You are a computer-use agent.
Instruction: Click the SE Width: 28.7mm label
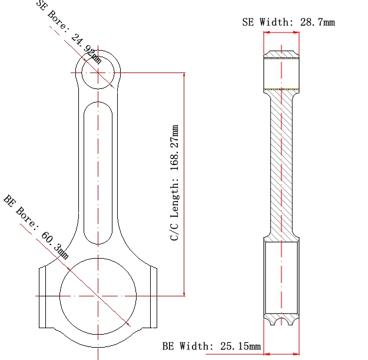pos(289,22)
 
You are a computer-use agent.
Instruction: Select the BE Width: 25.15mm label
pos(211,346)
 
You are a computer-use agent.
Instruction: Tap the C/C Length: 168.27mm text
pos(175,183)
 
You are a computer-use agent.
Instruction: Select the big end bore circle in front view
pos(98,295)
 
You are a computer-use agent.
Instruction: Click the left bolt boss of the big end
pos(46,296)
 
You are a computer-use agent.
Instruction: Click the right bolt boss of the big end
pos(150,296)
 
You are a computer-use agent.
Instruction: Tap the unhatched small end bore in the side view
pos(281,74)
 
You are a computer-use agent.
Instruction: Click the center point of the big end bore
pos(98,295)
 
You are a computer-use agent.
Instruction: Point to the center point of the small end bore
pos(98,72)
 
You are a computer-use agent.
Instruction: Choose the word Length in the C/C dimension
pos(175,200)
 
